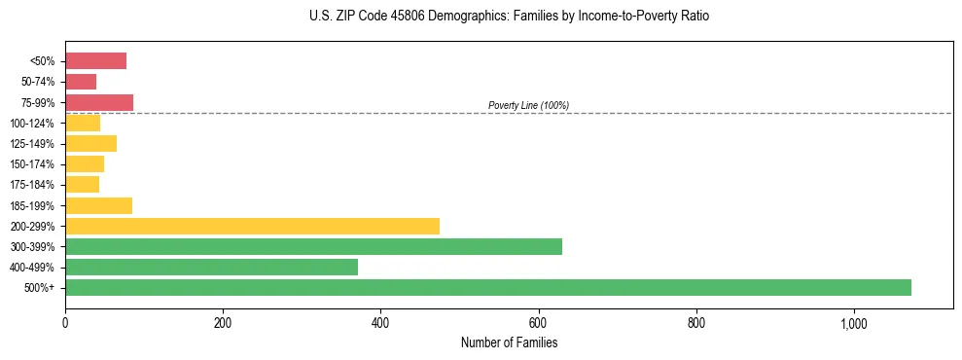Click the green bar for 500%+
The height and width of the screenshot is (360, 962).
click(x=487, y=288)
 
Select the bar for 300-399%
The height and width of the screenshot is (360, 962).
click(x=313, y=247)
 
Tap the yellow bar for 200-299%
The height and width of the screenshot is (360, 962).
click(x=252, y=227)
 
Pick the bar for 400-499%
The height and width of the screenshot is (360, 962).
click(x=211, y=268)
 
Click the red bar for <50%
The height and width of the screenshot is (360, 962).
click(x=95, y=61)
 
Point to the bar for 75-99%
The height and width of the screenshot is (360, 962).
click(x=99, y=102)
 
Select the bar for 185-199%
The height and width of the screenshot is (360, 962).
click(x=98, y=205)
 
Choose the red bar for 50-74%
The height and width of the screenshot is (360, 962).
click(x=81, y=82)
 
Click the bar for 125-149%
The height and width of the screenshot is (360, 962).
click(x=90, y=144)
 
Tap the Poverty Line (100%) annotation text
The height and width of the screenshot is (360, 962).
click(x=528, y=105)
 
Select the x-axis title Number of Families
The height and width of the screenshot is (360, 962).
click(x=509, y=342)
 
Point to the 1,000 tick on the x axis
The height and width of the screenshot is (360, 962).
click(x=853, y=322)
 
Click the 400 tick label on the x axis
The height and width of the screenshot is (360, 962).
click(x=380, y=322)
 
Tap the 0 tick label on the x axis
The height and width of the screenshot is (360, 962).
click(x=65, y=322)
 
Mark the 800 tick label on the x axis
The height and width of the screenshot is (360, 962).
click(x=695, y=322)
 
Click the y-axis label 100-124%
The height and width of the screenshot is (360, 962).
click(x=33, y=124)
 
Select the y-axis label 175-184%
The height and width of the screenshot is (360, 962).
click(x=33, y=185)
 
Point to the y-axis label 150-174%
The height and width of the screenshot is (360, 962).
click(x=33, y=164)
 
